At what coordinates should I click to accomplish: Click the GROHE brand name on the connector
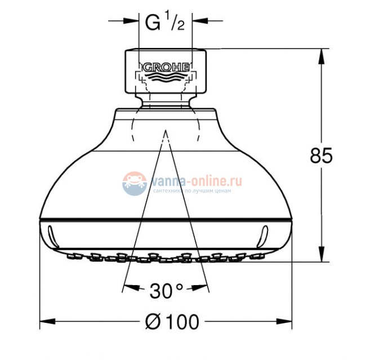[x=166, y=67]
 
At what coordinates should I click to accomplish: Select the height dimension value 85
[x=322, y=155]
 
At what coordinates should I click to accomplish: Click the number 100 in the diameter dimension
[x=182, y=322]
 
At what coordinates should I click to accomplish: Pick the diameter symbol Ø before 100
[x=153, y=322]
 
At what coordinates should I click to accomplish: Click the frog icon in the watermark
[x=134, y=184]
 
